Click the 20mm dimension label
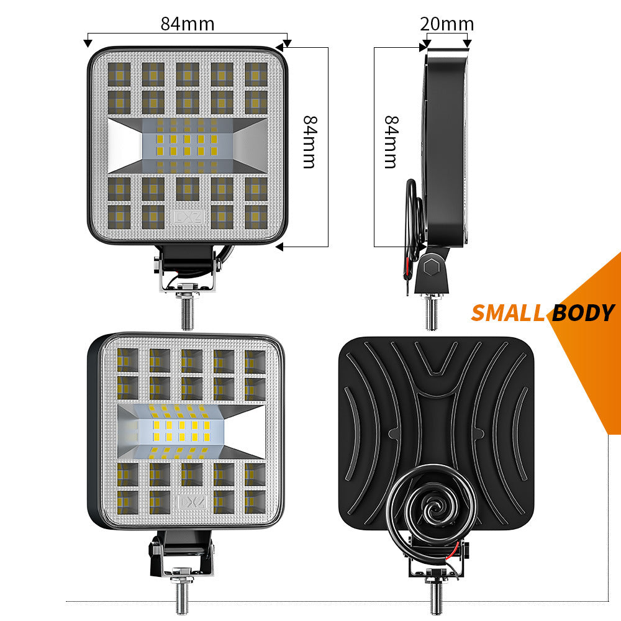click(446, 24)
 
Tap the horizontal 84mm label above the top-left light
click(187, 24)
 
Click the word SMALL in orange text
click(507, 313)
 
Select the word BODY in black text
click(582, 313)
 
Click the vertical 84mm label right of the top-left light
click(309, 142)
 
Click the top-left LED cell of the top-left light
click(119, 75)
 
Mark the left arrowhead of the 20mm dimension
click(425, 45)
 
